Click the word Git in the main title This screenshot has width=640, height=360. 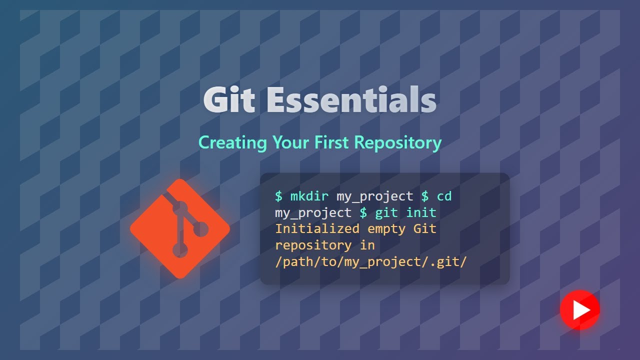pyautogui.click(x=229, y=100)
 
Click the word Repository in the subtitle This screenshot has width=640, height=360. pyautogui.click(x=397, y=143)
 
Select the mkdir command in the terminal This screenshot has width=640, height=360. pyautogui.click(x=309, y=196)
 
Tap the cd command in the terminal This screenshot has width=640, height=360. pyautogui.click(x=444, y=196)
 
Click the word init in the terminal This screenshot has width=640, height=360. pyautogui.click(x=421, y=212)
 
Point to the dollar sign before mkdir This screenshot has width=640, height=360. pyautogui.click(x=278, y=196)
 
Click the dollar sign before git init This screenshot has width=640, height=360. pyautogui.click(x=363, y=212)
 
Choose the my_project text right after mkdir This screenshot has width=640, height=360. pyautogui.click(x=374, y=196)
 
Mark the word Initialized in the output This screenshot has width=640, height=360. pyautogui.click(x=317, y=229)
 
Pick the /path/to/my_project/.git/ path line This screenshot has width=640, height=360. pyautogui.click(x=370, y=262)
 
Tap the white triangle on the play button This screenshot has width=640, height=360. pyautogui.click(x=581, y=310)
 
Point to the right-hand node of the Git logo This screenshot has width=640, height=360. pyautogui.click(x=200, y=229)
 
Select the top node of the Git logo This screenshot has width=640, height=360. pyautogui.click(x=180, y=207)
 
